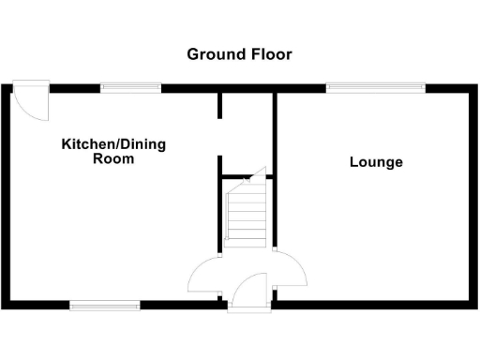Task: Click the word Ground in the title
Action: [213, 54]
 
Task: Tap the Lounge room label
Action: [376, 162]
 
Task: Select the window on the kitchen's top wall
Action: [130, 88]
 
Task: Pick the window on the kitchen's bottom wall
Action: [105, 305]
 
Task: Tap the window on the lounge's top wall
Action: [375, 88]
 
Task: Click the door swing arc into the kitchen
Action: [205, 274]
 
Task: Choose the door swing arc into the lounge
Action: [292, 272]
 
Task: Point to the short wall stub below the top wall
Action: [220, 105]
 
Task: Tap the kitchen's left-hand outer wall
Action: [7, 197]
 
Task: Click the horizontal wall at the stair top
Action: [241, 175]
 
